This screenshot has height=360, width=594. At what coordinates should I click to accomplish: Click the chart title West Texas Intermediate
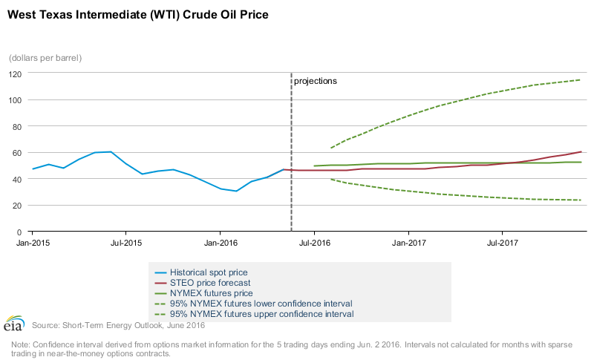click(x=137, y=14)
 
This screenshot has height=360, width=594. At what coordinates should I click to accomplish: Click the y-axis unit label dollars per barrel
click(x=45, y=58)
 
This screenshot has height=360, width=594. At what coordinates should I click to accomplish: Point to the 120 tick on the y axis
click(x=14, y=73)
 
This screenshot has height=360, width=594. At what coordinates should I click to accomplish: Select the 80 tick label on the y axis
click(x=16, y=126)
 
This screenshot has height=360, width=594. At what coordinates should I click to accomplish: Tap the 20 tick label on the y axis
click(x=16, y=205)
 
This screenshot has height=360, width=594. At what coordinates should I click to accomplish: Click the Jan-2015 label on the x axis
click(x=33, y=243)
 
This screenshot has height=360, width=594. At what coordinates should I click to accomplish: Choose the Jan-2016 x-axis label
click(x=221, y=243)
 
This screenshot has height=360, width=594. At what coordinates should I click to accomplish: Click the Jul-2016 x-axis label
click(x=314, y=243)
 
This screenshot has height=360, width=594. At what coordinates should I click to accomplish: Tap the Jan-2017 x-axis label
click(x=408, y=243)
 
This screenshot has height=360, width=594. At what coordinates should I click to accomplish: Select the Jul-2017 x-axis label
click(x=502, y=243)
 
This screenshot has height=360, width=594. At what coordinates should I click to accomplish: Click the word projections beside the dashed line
click(x=316, y=81)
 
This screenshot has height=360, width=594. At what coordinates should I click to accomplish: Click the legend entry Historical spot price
click(x=209, y=272)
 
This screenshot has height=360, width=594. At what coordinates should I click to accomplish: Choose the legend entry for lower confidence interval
click(x=261, y=304)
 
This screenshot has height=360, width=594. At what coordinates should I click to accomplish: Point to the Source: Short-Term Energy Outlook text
click(x=118, y=325)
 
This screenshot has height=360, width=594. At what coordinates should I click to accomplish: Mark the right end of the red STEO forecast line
click(x=580, y=151)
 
